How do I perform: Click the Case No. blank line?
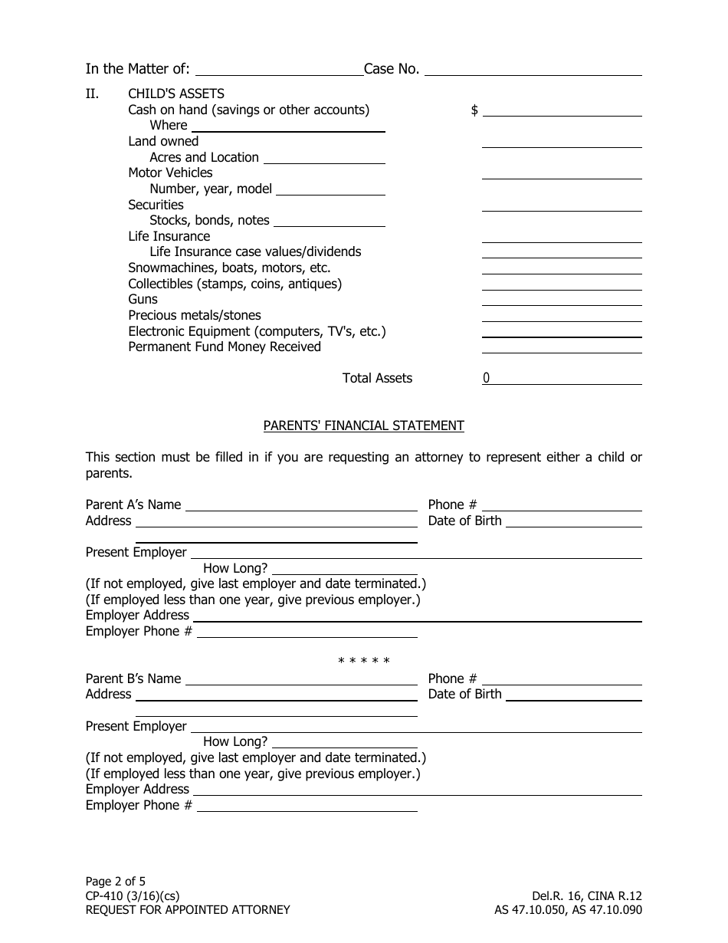[533, 69]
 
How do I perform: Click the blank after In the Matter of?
[279, 69]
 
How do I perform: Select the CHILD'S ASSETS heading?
[176, 94]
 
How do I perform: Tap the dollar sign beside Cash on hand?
[474, 110]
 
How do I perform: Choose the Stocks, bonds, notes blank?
[329, 221]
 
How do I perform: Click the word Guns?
[143, 300]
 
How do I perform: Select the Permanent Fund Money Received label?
[225, 347]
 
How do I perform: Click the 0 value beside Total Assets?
[487, 378]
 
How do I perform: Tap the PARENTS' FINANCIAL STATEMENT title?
[364, 426]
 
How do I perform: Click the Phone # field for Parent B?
[562, 678]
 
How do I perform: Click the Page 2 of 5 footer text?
[116, 882]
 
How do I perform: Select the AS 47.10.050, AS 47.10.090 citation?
[568, 910]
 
